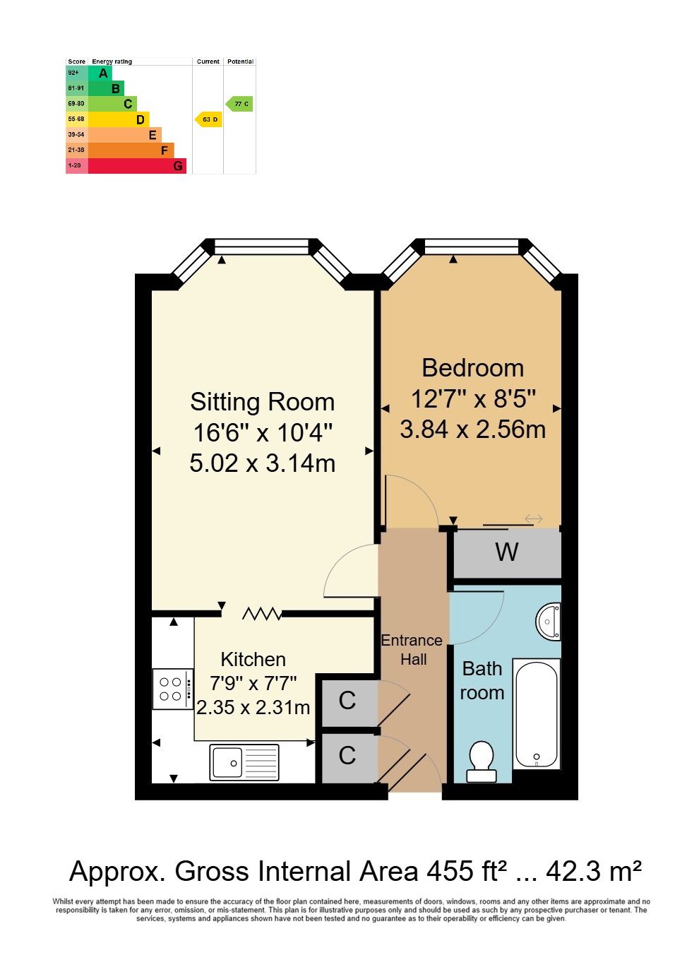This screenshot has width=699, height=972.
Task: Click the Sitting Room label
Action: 263,402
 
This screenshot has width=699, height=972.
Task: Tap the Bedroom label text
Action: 472,368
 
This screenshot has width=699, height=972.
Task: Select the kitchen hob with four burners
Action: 173,689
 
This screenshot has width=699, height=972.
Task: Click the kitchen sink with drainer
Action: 244,762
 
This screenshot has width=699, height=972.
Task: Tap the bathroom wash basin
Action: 549,622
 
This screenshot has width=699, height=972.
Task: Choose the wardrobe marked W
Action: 508,553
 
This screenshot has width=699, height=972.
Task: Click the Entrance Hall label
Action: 412,650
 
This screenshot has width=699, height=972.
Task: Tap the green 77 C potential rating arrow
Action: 239,104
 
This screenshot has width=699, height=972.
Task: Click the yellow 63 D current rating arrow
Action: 208,119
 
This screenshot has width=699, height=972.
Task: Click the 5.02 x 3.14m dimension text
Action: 263,463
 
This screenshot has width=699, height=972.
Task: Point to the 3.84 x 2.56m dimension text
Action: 472,429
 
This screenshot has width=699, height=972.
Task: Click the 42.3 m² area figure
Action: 594,870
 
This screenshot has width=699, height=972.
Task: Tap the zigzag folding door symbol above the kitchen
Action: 261,614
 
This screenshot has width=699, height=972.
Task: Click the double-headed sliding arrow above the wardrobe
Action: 533,518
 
